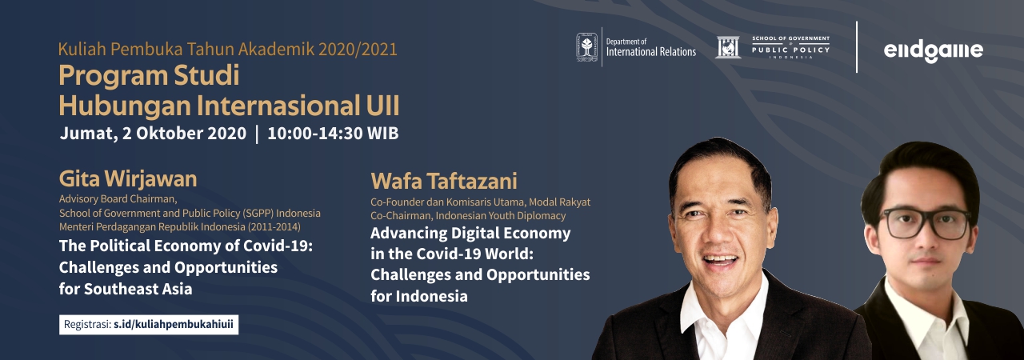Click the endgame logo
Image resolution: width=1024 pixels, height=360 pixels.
point(933,50)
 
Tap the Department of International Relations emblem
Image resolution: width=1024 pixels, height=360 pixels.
point(586,47)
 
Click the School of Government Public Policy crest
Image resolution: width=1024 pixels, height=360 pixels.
point(727,47)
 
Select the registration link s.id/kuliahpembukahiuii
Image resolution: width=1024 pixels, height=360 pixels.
point(174,324)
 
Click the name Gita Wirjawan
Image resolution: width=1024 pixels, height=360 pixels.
point(128,178)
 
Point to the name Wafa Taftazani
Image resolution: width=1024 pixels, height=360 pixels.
point(444,181)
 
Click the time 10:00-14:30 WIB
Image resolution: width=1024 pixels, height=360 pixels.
point(333,134)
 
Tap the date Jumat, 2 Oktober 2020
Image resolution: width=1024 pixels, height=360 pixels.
point(153,134)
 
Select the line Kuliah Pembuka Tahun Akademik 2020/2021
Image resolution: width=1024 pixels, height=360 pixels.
point(228,50)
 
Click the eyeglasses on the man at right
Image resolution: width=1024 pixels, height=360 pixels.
point(926,222)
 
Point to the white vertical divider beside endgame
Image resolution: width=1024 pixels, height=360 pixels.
point(857,47)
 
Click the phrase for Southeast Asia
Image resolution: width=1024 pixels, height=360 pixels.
point(126,289)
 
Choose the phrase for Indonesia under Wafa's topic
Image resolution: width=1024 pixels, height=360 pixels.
point(419,297)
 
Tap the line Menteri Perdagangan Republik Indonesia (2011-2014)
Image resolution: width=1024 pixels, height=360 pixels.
point(180,227)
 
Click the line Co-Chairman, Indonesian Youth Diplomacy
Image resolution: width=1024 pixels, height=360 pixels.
point(468,216)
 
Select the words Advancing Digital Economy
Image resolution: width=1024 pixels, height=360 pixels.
point(470,234)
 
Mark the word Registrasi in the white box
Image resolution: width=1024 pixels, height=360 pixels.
point(87,325)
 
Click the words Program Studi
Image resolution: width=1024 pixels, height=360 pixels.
point(149,76)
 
